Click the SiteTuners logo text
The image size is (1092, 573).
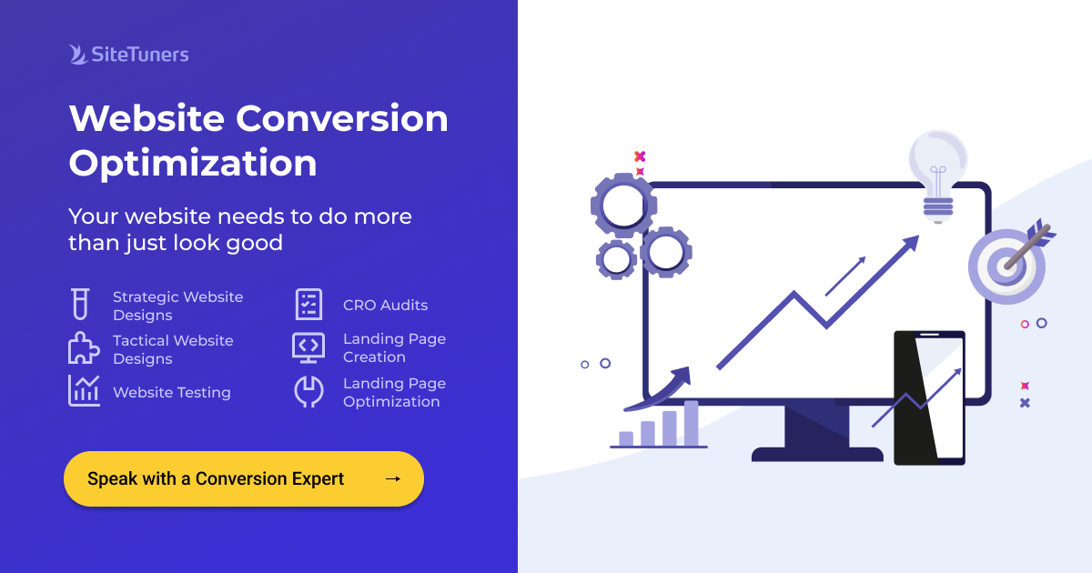(x=139, y=55)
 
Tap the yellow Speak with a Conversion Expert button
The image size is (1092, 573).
(x=243, y=478)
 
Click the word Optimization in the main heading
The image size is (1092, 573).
(x=193, y=164)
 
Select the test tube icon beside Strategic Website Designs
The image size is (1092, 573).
(x=80, y=305)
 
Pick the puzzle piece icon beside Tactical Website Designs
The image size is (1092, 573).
(x=84, y=348)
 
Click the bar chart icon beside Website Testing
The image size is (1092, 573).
(x=84, y=391)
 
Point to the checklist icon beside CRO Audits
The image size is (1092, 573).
(x=309, y=305)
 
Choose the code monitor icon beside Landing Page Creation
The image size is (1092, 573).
(x=308, y=347)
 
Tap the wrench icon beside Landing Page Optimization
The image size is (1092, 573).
(x=308, y=391)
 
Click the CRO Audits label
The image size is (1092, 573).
(x=385, y=306)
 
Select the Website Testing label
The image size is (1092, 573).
(x=172, y=393)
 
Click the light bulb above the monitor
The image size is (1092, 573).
(x=937, y=173)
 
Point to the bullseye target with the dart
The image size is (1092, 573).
(x=1006, y=265)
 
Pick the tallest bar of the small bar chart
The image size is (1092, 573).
(x=692, y=423)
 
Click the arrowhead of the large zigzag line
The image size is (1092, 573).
(x=908, y=243)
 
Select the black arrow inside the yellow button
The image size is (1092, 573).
(x=393, y=478)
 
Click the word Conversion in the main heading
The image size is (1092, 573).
(x=342, y=119)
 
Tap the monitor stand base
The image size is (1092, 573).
(x=816, y=454)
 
